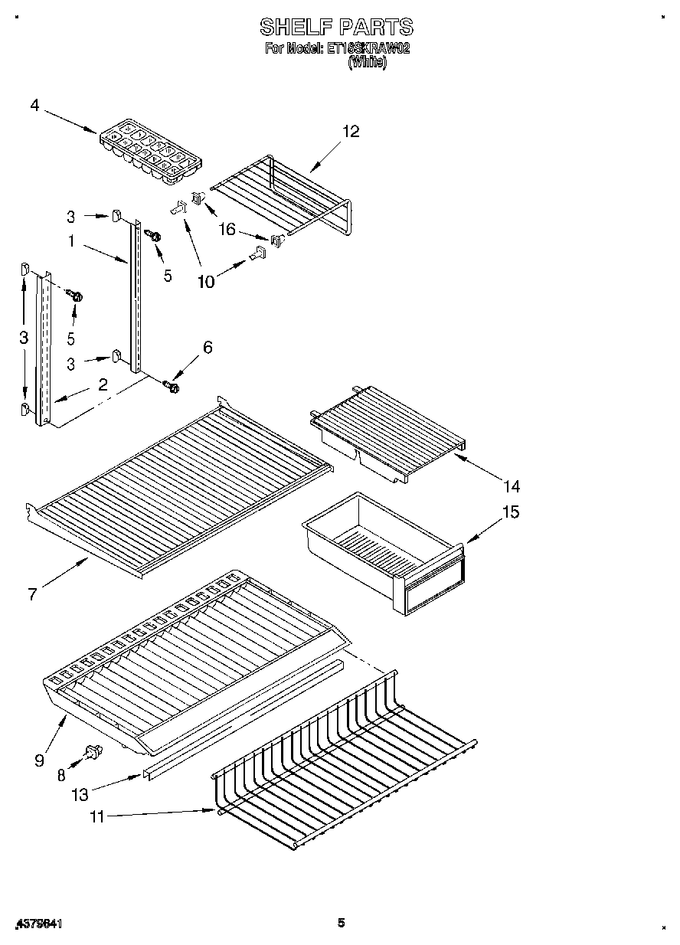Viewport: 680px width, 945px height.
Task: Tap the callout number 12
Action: click(x=350, y=132)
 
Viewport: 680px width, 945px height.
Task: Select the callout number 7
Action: click(x=32, y=594)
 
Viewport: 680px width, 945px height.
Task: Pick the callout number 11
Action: click(x=96, y=817)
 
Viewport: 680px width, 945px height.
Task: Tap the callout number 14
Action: click(x=511, y=486)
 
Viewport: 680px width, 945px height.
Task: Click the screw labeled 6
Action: click(x=172, y=387)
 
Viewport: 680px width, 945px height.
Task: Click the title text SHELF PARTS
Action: click(x=336, y=28)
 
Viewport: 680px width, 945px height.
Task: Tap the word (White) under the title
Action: click(x=368, y=64)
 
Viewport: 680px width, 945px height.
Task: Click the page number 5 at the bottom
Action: click(x=342, y=923)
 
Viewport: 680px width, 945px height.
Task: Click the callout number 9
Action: click(x=40, y=760)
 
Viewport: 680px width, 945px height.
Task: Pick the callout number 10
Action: click(x=206, y=281)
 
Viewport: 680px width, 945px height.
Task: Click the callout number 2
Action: click(x=102, y=384)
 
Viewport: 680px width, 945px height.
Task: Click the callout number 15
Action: click(x=511, y=512)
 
